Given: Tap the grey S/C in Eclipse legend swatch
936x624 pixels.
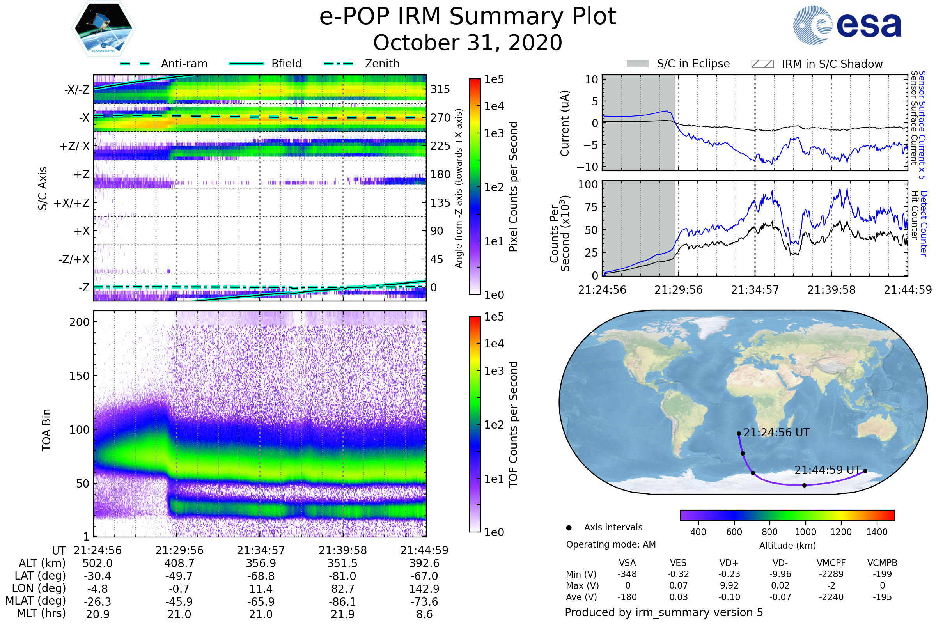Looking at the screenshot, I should (638, 64).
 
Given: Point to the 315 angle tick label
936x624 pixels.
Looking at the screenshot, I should (440, 89).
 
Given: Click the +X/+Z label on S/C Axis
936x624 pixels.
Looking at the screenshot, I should (72, 203).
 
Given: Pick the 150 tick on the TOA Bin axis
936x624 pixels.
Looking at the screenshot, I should (79, 376).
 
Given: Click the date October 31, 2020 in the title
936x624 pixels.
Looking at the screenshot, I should (468, 43).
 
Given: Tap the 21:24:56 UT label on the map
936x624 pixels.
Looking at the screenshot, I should (776, 433).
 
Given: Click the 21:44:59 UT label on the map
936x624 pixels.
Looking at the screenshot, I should (828, 470).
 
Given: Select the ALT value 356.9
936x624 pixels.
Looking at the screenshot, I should (261, 564).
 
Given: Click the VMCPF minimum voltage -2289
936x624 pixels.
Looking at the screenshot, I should (831, 574).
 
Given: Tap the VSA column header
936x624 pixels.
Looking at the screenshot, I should (628, 563).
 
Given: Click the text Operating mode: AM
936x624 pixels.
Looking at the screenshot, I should (611, 544).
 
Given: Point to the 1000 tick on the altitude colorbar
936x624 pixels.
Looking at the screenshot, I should (805, 532).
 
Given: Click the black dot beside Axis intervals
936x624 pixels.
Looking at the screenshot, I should (569, 528).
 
